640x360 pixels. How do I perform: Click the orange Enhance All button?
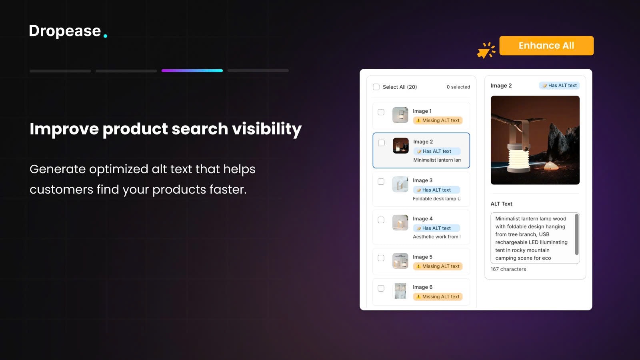546,46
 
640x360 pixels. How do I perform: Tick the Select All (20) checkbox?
376,87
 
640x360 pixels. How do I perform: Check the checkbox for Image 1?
381,112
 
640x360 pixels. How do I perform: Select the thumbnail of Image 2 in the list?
400,146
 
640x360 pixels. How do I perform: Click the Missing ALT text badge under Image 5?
438,266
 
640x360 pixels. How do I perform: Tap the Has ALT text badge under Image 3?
436,190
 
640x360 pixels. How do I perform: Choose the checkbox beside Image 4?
381,220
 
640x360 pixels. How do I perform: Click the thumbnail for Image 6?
400,291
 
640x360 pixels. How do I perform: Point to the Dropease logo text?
65,31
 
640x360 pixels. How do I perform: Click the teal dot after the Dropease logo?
105,36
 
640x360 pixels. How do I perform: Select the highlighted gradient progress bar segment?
192,71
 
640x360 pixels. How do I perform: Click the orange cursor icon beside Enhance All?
486,50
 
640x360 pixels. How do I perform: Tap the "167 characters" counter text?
508,269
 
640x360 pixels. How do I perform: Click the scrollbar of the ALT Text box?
576,234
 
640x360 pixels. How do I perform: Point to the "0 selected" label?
458,87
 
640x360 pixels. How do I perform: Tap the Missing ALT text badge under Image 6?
438,297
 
